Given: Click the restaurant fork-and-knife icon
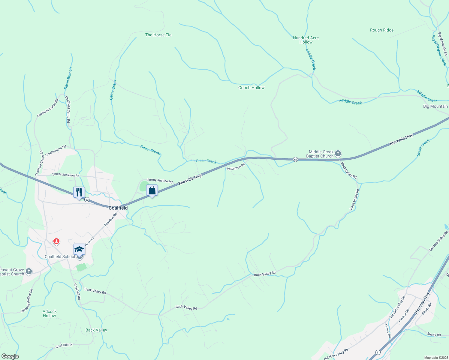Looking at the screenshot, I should (x=79, y=192).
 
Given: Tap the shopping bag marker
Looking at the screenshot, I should (x=152, y=190).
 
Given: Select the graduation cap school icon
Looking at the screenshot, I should (x=79, y=249).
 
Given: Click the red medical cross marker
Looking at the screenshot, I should (x=56, y=241).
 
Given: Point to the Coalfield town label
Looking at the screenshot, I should (x=118, y=208).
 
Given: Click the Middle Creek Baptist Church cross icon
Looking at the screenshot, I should (x=338, y=154).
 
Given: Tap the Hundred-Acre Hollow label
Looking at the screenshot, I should (x=306, y=40).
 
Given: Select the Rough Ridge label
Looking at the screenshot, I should (x=382, y=30).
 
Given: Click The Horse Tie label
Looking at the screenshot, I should (x=158, y=35).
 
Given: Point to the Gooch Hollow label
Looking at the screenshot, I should (x=251, y=88).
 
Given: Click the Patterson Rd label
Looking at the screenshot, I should (x=236, y=167).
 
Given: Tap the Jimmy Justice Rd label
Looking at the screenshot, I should (x=160, y=181).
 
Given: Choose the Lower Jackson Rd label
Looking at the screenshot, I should (x=66, y=175).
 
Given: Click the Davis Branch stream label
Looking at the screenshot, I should (x=68, y=78).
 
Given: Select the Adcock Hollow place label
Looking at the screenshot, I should (x=50, y=313).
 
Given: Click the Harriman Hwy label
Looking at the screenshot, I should (x=422, y=303).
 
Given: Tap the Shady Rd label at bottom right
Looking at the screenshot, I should (x=434, y=334).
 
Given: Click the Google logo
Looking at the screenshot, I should (x=10, y=356).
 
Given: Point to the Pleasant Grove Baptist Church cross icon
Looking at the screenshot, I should (x=29, y=272).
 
